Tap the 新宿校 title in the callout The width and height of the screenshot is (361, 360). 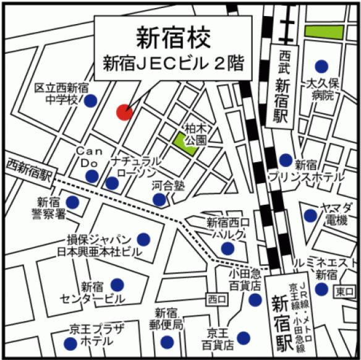[x=173, y=37]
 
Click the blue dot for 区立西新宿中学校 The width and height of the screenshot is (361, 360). [x=90, y=100]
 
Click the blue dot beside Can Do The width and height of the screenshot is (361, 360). [x=91, y=176]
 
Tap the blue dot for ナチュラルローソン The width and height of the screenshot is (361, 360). [x=112, y=183]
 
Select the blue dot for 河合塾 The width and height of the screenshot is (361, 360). [x=159, y=199]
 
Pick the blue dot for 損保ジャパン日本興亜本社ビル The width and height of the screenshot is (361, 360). [x=143, y=239]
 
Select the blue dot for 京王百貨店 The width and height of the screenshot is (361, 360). [x=244, y=337]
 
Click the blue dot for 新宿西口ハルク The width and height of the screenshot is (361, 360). [x=227, y=249]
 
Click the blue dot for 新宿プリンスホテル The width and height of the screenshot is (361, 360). [x=285, y=160]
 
